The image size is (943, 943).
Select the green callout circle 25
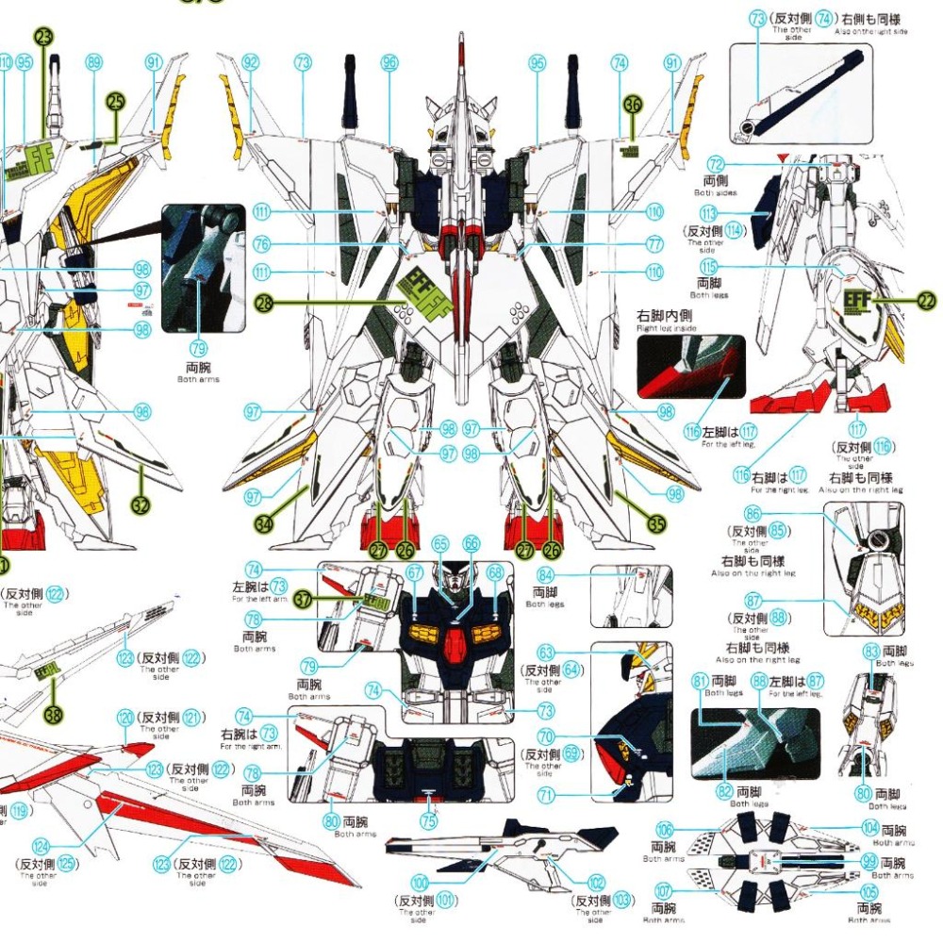(x=116, y=104)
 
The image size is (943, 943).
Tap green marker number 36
(x=632, y=105)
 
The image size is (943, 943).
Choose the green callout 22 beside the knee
(x=927, y=302)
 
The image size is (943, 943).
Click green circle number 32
(x=141, y=505)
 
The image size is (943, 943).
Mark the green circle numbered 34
(x=263, y=518)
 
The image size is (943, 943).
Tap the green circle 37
(x=302, y=600)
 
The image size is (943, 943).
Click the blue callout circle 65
(x=439, y=544)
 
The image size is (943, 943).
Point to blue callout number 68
(x=496, y=572)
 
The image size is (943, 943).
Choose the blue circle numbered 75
(x=429, y=820)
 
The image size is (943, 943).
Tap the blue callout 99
(x=870, y=862)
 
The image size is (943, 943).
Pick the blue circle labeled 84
(x=545, y=576)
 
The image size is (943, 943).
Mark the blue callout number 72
(x=716, y=164)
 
